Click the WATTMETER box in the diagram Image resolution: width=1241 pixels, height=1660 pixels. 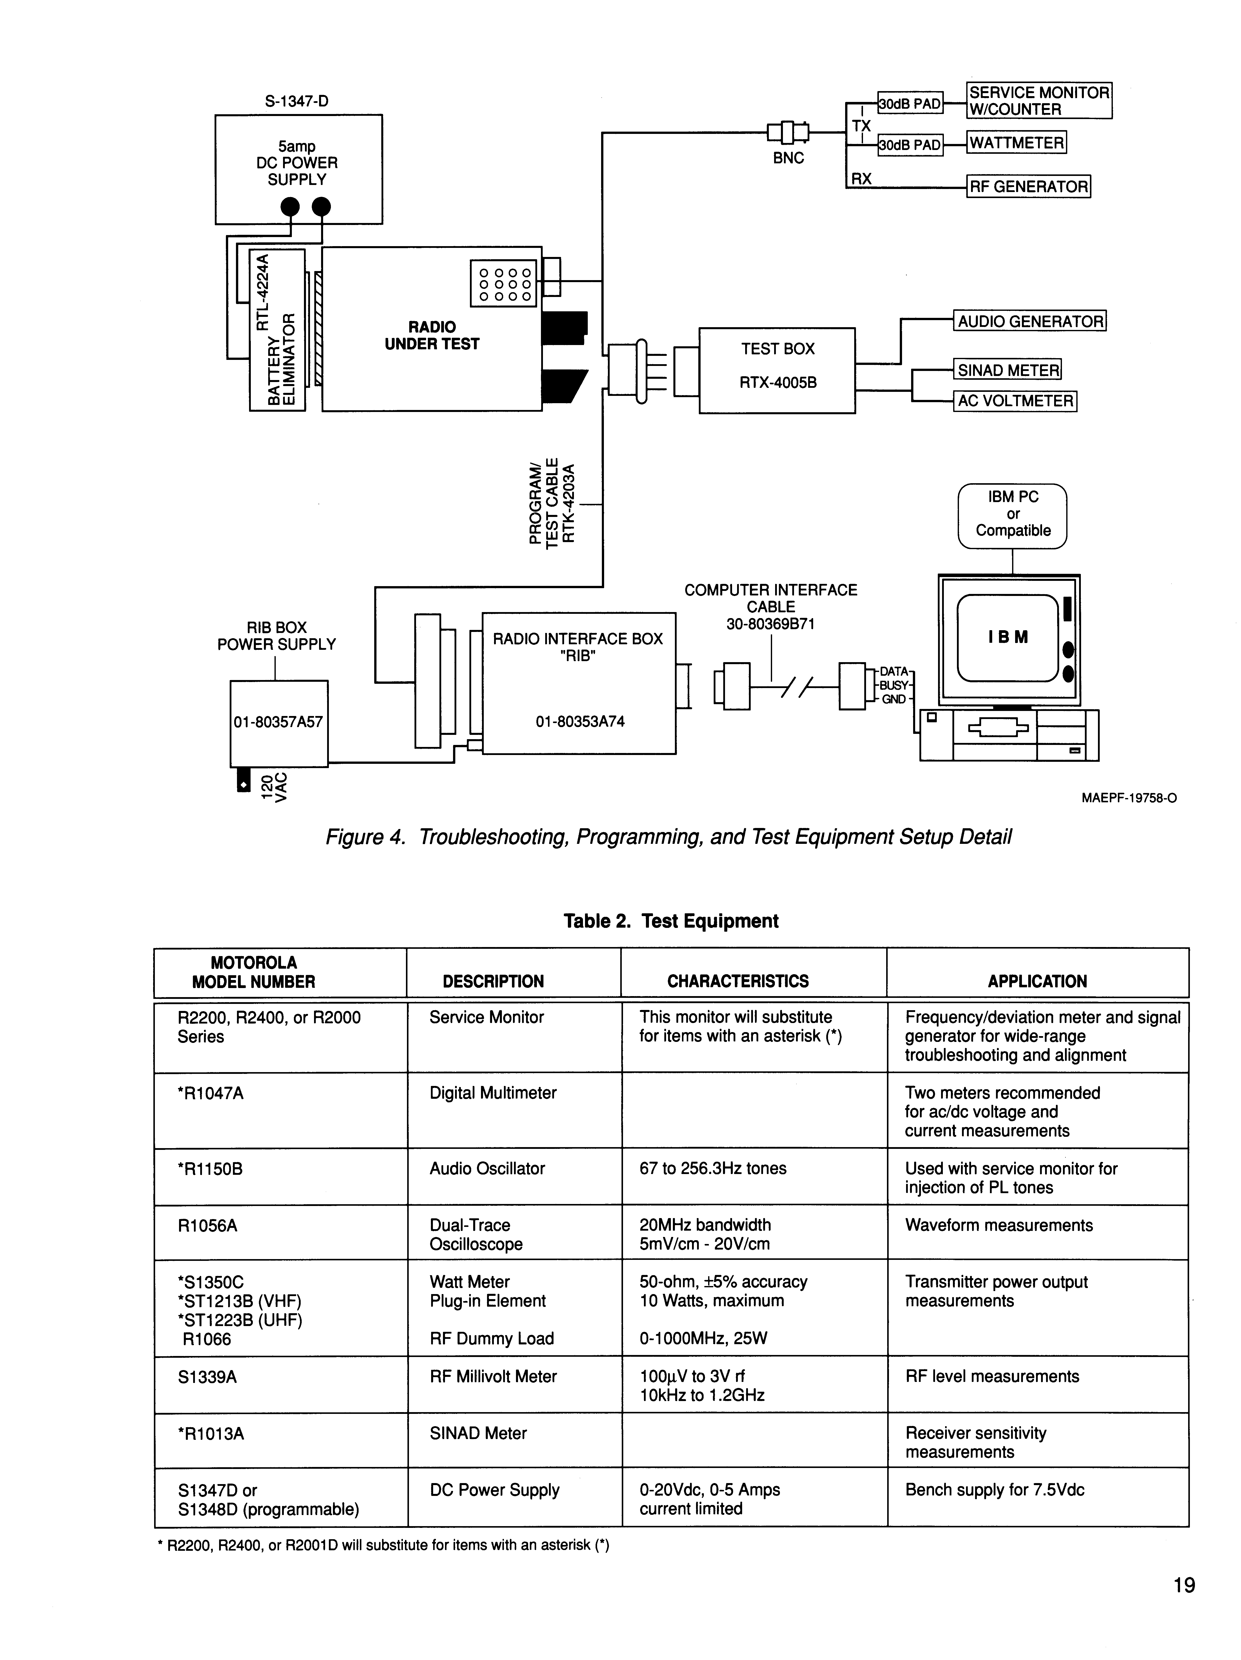[x=1016, y=143]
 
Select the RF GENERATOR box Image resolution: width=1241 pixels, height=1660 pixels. [x=1028, y=186]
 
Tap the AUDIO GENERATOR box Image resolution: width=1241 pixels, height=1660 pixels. [x=1029, y=321]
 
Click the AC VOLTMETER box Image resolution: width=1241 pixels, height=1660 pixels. [x=1015, y=401]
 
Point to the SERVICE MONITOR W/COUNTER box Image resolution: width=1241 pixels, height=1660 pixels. [x=1038, y=101]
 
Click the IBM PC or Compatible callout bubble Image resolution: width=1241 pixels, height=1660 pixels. [x=1012, y=514]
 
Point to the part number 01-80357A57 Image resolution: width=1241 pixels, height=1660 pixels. [x=278, y=722]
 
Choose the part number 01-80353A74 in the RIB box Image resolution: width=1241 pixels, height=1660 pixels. [x=580, y=722]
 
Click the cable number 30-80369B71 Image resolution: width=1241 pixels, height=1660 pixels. [x=770, y=624]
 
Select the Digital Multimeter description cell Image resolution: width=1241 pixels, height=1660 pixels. [x=493, y=1093]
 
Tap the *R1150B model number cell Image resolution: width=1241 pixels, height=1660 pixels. [x=210, y=1168]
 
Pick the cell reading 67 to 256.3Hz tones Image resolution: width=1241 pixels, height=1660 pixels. [x=712, y=1168]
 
